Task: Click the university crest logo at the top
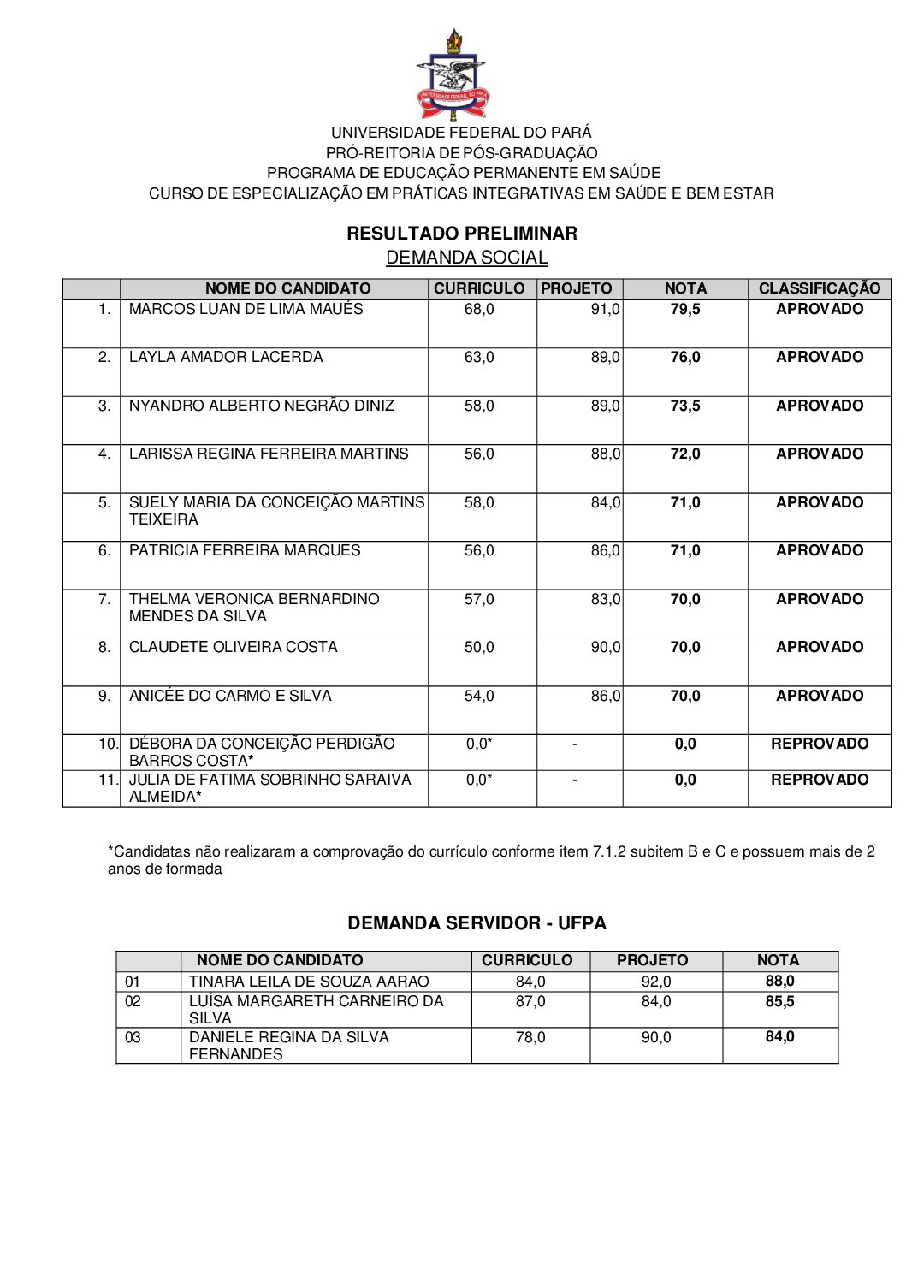453,75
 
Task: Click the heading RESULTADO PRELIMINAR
462,234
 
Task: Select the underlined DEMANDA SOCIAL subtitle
466,258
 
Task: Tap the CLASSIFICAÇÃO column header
819,288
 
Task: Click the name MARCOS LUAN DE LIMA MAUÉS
246,309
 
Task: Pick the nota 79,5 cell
684,309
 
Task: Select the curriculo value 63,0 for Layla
479,357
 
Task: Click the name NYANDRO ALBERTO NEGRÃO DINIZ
261,406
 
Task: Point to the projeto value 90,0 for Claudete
605,647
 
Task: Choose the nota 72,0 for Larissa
684,454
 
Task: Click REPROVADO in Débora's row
819,744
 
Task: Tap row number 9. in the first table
104,696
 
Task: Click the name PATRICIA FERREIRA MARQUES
245,550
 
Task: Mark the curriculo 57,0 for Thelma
479,599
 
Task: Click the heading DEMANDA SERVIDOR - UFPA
477,923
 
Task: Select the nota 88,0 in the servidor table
779,982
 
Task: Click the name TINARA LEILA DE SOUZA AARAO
309,982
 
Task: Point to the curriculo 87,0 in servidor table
530,1001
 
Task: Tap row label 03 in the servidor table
133,1037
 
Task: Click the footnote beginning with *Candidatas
490,860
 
